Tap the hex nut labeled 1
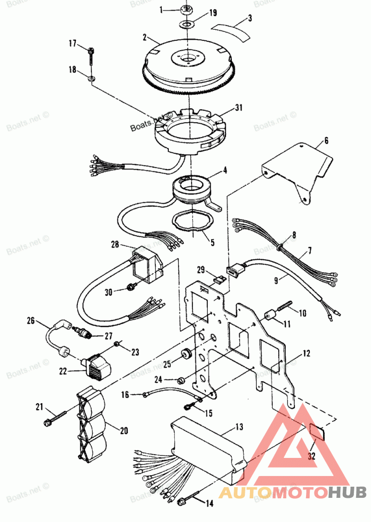coord(187,9)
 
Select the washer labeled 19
coord(187,23)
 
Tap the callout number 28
coord(115,244)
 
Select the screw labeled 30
coord(131,288)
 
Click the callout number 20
coord(124,430)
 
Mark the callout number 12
coord(307,353)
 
